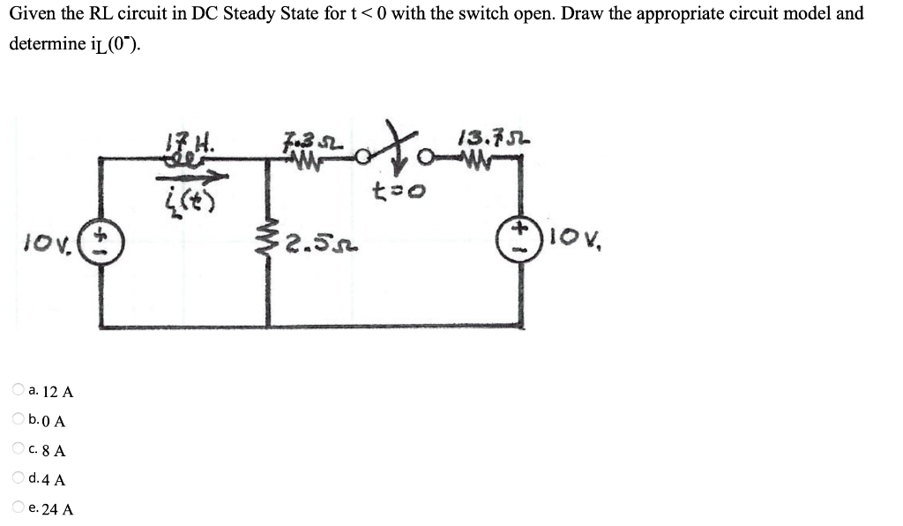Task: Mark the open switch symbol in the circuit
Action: click(x=386, y=150)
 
